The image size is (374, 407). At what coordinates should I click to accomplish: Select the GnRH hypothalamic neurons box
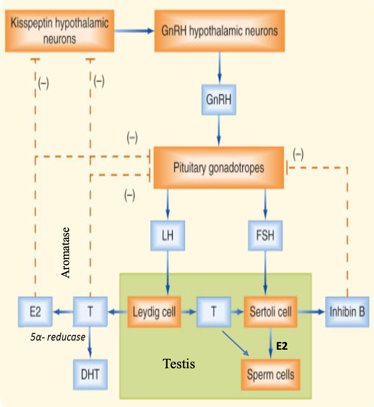pos(220,31)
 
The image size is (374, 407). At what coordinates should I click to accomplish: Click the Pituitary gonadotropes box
pos(219,168)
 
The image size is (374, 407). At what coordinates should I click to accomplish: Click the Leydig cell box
pos(154,312)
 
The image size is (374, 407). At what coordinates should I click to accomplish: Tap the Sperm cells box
pos(270,375)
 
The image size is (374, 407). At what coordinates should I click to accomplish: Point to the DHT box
pos(90,374)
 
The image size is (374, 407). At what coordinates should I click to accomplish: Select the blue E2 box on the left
pos(35,312)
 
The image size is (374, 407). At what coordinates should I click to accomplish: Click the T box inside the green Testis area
pos(214,312)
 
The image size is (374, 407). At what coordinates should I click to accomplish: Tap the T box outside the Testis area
pos(90,312)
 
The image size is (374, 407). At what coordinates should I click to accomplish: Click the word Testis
pos(179,364)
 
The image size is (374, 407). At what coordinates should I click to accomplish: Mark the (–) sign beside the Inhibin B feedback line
pos(298,155)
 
